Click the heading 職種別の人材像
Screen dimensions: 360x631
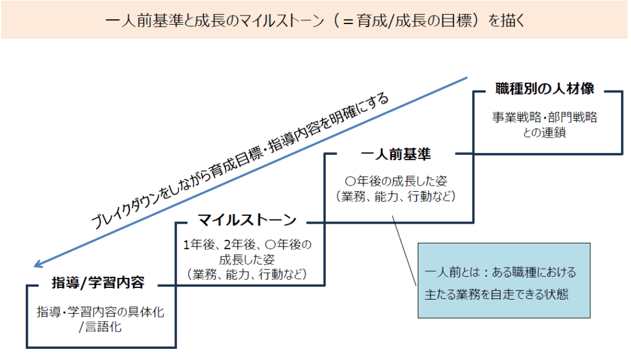[x=545, y=89]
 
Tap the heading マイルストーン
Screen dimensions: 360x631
[x=247, y=219]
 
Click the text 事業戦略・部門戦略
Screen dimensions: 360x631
[x=545, y=117]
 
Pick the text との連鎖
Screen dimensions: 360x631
[x=545, y=131]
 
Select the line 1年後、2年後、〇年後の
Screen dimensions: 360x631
[x=248, y=245]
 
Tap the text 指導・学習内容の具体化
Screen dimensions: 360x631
[x=100, y=312]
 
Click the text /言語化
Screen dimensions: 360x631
[x=100, y=327]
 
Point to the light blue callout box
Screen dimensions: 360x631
[x=503, y=280]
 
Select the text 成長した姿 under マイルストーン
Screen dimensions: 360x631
[x=246, y=260]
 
